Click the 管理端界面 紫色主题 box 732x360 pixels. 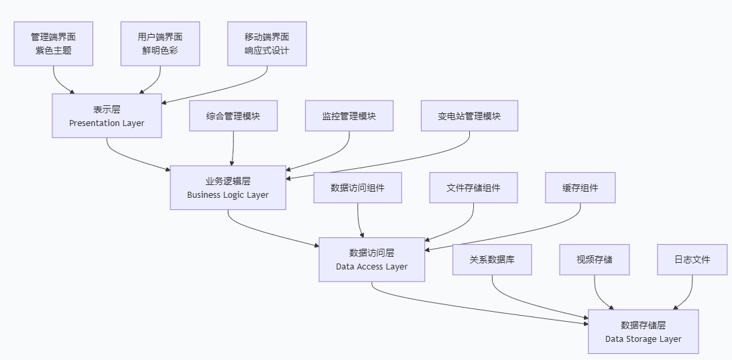coord(54,44)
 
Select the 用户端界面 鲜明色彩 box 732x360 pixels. coord(160,44)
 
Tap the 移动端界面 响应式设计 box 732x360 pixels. coord(267,44)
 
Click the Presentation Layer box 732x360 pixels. coord(107,116)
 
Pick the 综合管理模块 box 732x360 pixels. coord(233,116)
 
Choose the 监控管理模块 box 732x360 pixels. coord(349,116)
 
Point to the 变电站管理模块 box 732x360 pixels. coord(469,116)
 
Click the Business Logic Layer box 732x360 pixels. coord(228,188)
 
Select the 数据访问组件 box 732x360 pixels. coord(358,188)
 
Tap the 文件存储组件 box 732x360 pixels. coord(473,188)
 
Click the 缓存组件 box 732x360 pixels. coord(580,188)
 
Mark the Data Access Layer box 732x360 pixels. coord(372,259)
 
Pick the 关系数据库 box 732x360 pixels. coord(492,259)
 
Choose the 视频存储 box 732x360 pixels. coord(595,259)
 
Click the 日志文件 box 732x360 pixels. coord(692,259)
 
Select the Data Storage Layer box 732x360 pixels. coord(644,331)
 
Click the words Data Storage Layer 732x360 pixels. coord(644,339)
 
